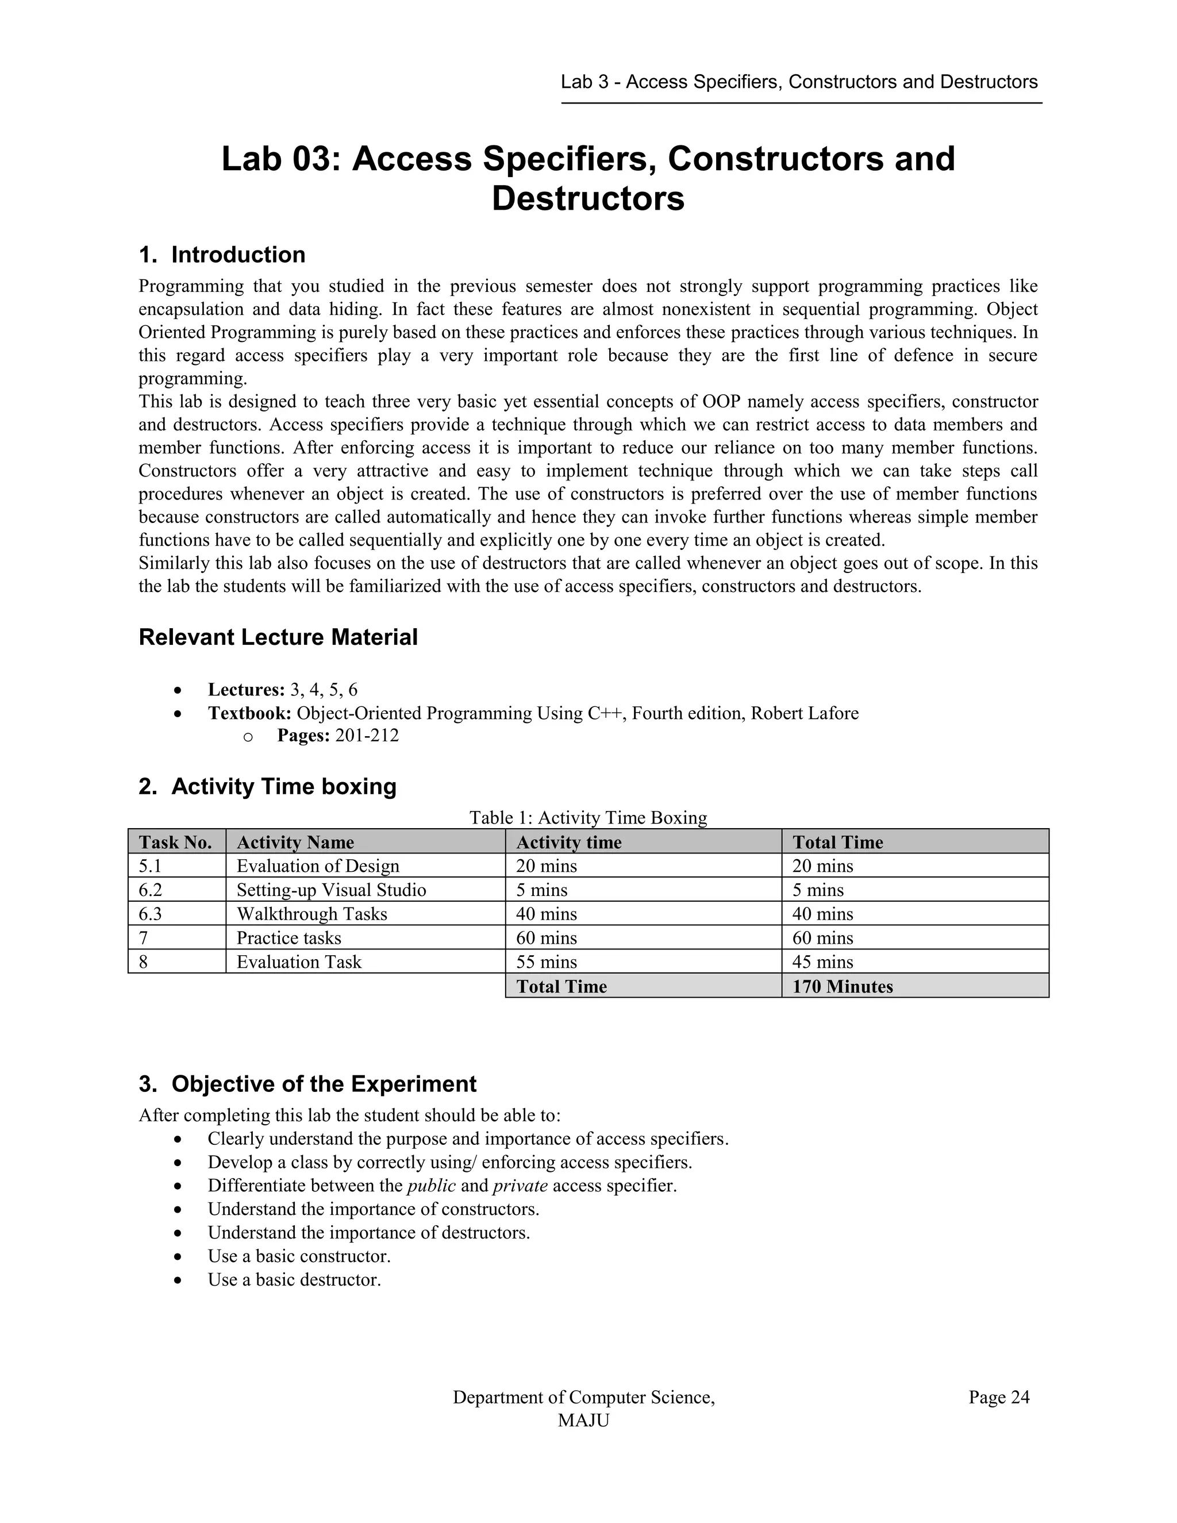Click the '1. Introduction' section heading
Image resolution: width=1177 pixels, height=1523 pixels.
click(x=222, y=255)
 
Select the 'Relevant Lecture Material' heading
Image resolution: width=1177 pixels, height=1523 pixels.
click(x=278, y=637)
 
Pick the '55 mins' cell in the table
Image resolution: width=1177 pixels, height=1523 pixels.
click(x=546, y=962)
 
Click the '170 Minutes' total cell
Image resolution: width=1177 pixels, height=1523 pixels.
click(x=843, y=986)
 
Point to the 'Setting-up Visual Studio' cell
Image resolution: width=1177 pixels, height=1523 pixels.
click(x=330, y=890)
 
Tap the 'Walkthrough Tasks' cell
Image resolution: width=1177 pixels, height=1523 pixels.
click(x=311, y=914)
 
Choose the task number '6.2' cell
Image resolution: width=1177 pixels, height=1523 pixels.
click(x=151, y=890)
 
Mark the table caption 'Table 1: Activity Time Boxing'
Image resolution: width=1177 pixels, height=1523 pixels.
click(x=588, y=817)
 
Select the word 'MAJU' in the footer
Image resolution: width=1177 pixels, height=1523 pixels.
click(x=583, y=1421)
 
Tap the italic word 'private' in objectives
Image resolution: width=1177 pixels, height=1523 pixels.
click(x=520, y=1186)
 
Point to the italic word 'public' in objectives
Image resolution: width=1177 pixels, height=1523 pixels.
click(x=431, y=1186)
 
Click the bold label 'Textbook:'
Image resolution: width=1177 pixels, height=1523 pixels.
click(x=249, y=713)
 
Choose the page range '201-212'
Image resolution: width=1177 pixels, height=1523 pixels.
click(x=367, y=736)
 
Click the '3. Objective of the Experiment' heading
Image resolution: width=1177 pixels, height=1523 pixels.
click(x=307, y=1084)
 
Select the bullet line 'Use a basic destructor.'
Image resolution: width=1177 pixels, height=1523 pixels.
click(x=294, y=1280)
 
